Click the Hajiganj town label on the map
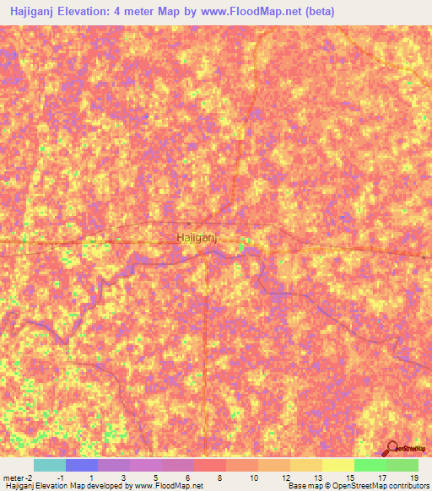(197, 238)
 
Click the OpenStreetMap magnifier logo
(392, 449)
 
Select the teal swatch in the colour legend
(49, 465)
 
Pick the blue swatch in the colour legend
(81, 465)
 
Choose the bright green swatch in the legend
(370, 465)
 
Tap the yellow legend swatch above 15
(337, 465)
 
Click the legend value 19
(414, 478)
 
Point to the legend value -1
(61, 478)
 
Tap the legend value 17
(382, 478)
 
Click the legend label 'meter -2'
(18, 478)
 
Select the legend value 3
(125, 478)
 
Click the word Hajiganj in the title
(35, 12)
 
